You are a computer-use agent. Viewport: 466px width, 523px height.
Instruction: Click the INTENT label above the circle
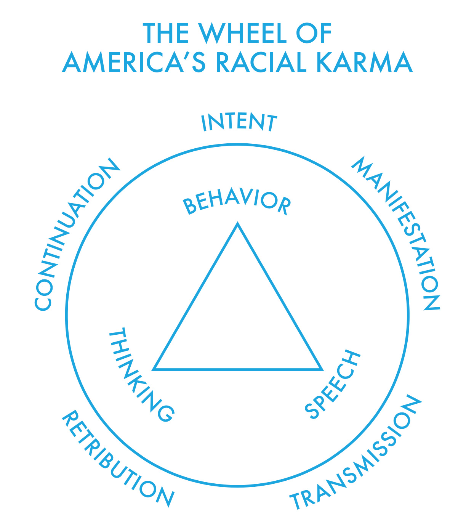(x=239, y=122)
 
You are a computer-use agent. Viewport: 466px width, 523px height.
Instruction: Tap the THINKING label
(x=139, y=375)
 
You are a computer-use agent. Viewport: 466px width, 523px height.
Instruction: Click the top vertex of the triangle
(x=238, y=223)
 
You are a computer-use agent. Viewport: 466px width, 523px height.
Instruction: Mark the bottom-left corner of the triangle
(x=154, y=369)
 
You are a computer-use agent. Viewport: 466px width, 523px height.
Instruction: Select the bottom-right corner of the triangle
(x=322, y=369)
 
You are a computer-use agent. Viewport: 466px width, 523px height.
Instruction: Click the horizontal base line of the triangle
(x=238, y=369)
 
